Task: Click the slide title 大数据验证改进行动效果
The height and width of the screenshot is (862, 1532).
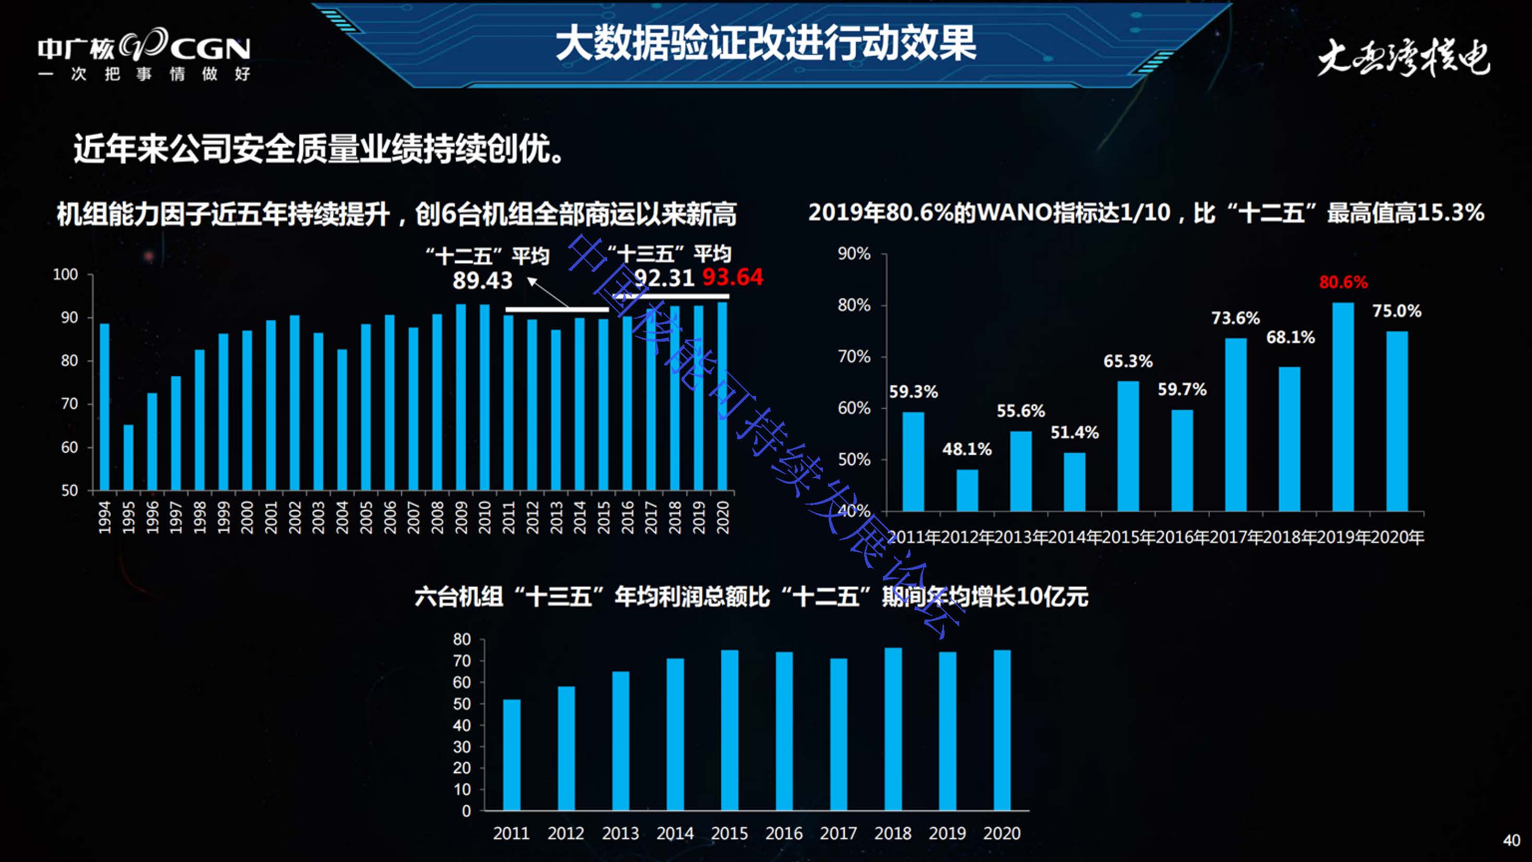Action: pyautogui.click(x=765, y=43)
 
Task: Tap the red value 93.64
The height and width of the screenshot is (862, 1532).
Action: pyautogui.click(x=732, y=277)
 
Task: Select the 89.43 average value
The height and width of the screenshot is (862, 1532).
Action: pyautogui.click(x=482, y=280)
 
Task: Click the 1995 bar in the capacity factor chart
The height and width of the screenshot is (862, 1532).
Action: pyautogui.click(x=128, y=457)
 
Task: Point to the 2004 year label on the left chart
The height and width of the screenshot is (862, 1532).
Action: pyautogui.click(x=342, y=517)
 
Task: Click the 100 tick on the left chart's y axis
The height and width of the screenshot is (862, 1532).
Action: pyautogui.click(x=65, y=274)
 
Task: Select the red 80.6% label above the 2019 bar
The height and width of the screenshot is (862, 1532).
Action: pyautogui.click(x=1343, y=282)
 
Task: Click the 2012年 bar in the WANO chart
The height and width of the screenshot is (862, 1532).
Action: pyautogui.click(x=967, y=490)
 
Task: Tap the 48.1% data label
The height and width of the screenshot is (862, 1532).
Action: pyautogui.click(x=967, y=449)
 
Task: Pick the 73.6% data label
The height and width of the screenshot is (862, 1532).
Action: pyautogui.click(x=1235, y=318)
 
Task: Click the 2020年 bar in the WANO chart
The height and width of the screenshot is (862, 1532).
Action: pyautogui.click(x=1396, y=421)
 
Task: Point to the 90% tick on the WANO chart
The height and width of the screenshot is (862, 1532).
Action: pyautogui.click(x=854, y=254)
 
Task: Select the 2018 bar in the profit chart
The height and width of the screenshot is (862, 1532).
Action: pyautogui.click(x=893, y=729)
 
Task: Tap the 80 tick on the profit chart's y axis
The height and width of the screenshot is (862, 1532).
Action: pyautogui.click(x=462, y=639)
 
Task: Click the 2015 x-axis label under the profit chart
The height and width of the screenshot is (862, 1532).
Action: pyautogui.click(x=729, y=833)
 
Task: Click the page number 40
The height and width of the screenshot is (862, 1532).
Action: pyautogui.click(x=1511, y=840)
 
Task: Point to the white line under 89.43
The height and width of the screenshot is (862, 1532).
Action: pyautogui.click(x=557, y=309)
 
